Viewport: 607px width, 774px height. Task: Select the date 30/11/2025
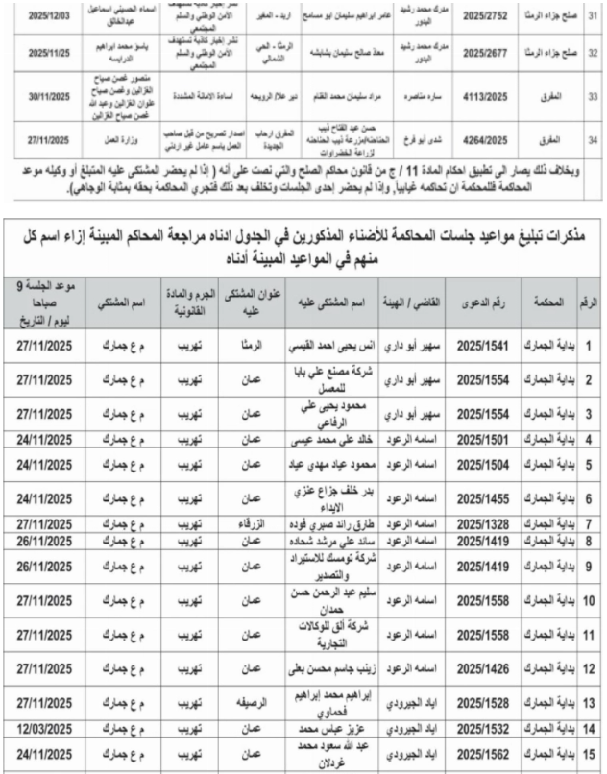click(44, 99)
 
